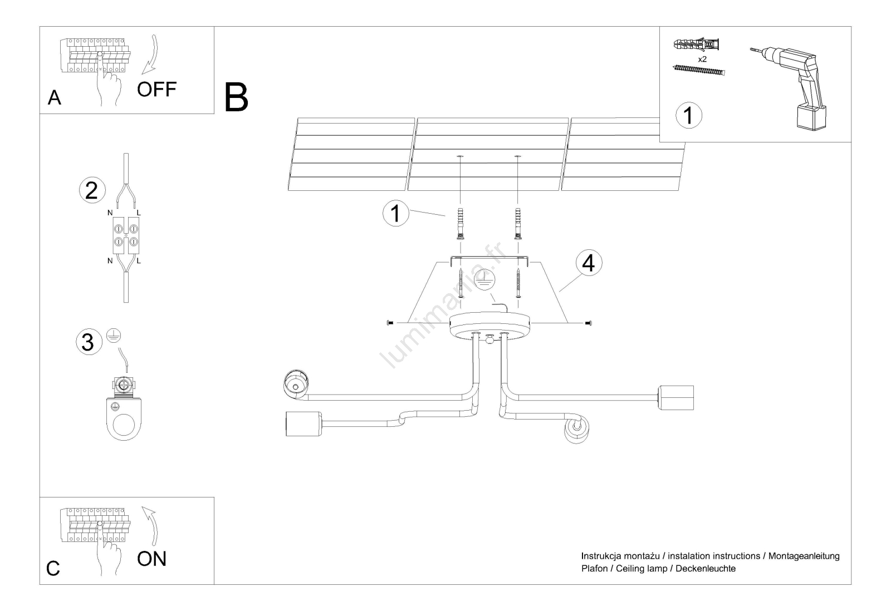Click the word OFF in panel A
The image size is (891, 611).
[156, 89]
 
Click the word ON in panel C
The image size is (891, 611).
[151, 559]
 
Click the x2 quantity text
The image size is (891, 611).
[702, 58]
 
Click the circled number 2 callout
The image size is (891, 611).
[92, 190]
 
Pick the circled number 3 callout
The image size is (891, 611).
[88, 342]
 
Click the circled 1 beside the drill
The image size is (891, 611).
[688, 116]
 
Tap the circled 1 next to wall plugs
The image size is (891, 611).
[396, 214]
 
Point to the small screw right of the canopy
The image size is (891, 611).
[589, 323]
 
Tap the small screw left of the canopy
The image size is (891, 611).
[389, 323]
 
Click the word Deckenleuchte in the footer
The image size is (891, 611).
[706, 569]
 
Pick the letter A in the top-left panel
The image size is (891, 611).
[54, 98]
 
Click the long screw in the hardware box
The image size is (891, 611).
[699, 71]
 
